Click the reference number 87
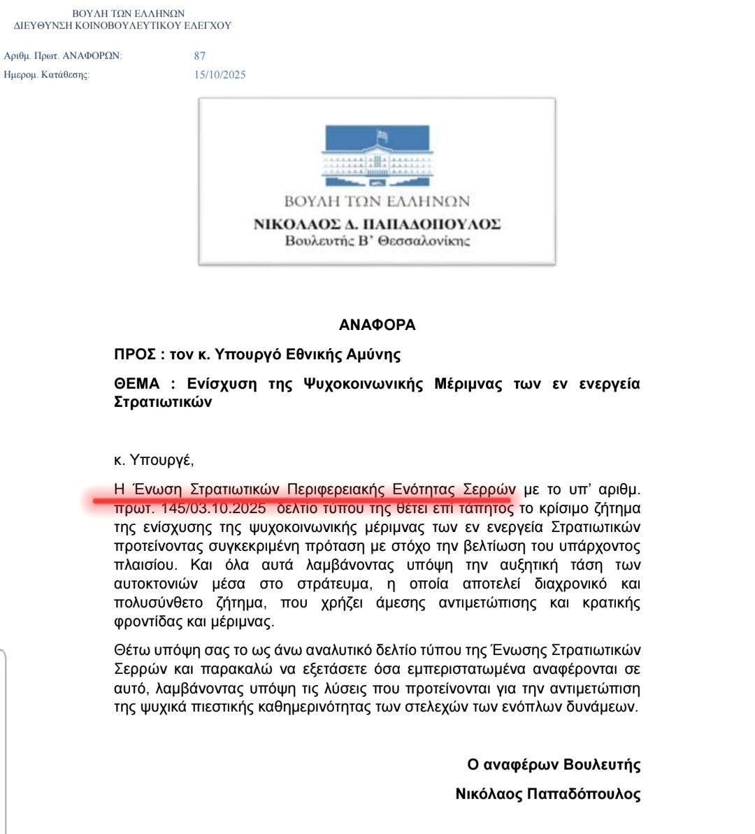tap(200, 56)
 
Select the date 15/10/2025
tap(220, 75)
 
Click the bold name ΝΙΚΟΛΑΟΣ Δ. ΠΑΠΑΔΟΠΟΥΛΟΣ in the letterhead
tap(377, 224)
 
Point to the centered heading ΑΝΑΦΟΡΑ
tap(377, 325)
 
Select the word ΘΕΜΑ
tap(136, 384)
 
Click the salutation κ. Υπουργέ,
tap(154, 460)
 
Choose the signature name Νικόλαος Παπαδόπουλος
tap(547, 794)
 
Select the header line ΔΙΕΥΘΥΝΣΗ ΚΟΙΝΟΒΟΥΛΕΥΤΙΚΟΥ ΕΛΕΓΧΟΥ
tap(123, 26)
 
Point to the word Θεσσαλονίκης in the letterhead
tap(424, 242)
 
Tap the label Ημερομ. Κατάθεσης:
tap(46, 75)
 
